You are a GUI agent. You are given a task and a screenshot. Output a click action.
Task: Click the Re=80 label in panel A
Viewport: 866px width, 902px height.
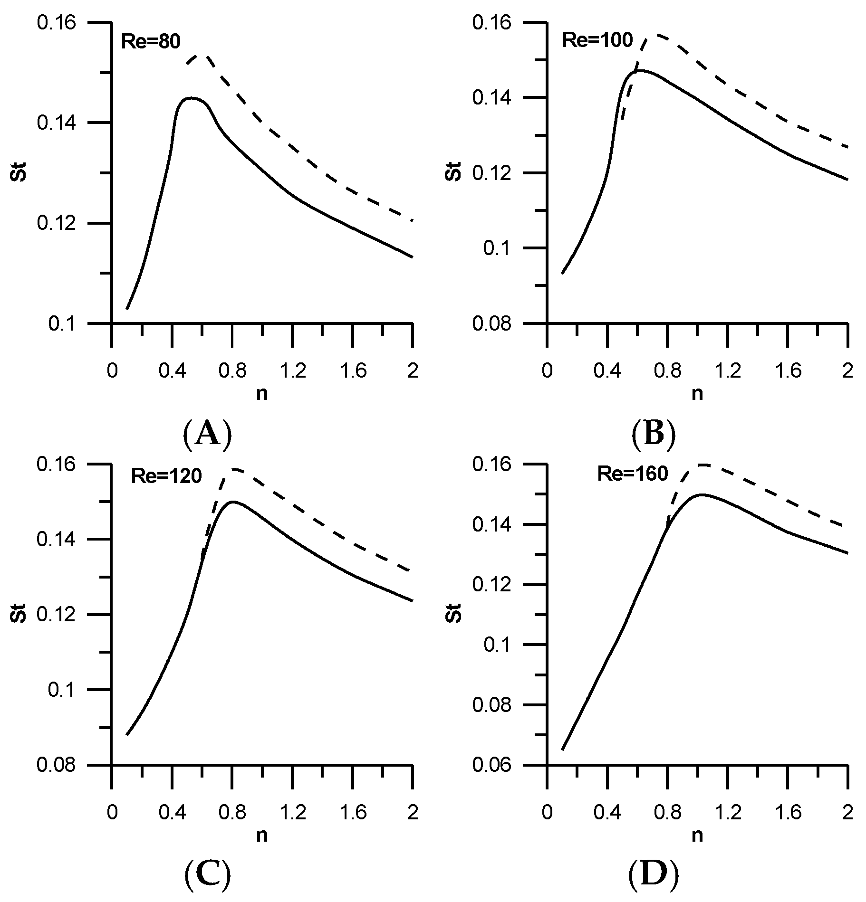click(151, 42)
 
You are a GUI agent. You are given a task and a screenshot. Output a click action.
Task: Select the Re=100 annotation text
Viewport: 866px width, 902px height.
click(597, 40)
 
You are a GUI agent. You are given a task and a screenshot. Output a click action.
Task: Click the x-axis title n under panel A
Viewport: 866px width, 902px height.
click(262, 393)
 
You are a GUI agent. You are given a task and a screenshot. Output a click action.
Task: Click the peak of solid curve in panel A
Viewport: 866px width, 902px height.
click(191, 98)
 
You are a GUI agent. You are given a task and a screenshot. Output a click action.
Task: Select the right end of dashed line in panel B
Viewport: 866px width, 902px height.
click(847, 147)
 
